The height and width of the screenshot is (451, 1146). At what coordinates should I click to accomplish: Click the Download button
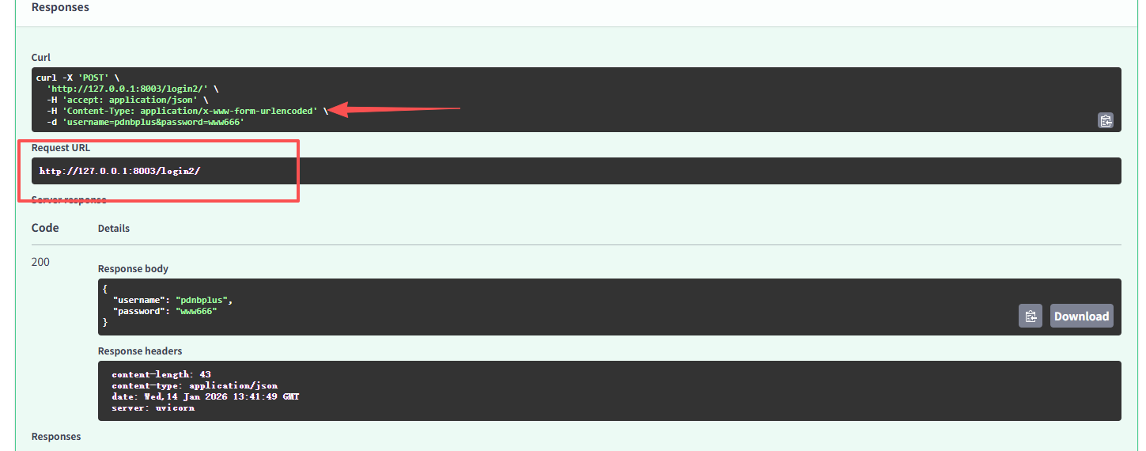(x=1081, y=316)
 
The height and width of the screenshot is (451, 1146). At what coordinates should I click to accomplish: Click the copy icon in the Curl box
(x=1105, y=121)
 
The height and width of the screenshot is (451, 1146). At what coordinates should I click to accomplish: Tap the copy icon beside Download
(x=1030, y=316)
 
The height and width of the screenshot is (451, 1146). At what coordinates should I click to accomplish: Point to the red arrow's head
(x=332, y=111)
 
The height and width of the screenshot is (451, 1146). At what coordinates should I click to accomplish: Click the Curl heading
(x=41, y=57)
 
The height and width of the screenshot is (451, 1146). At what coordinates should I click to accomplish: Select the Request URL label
(x=61, y=148)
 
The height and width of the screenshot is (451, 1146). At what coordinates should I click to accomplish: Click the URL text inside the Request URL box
(x=119, y=171)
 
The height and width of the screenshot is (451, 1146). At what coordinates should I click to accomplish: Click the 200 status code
(x=40, y=262)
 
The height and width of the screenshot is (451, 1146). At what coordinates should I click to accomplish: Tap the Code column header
(x=45, y=228)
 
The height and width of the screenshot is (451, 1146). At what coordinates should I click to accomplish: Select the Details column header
(x=114, y=228)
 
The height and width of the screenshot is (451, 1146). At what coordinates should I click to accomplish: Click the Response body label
(x=133, y=269)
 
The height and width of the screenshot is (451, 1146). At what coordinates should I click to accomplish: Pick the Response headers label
(x=140, y=351)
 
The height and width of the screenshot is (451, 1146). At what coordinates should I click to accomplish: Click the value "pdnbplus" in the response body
(x=204, y=301)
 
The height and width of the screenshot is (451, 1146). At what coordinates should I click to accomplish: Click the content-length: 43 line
(x=161, y=374)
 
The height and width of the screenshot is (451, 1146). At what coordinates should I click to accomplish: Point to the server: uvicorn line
(x=153, y=407)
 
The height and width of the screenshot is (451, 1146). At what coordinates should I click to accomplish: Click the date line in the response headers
(x=205, y=396)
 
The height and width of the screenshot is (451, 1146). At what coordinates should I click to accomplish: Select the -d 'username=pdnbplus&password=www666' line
(x=146, y=123)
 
